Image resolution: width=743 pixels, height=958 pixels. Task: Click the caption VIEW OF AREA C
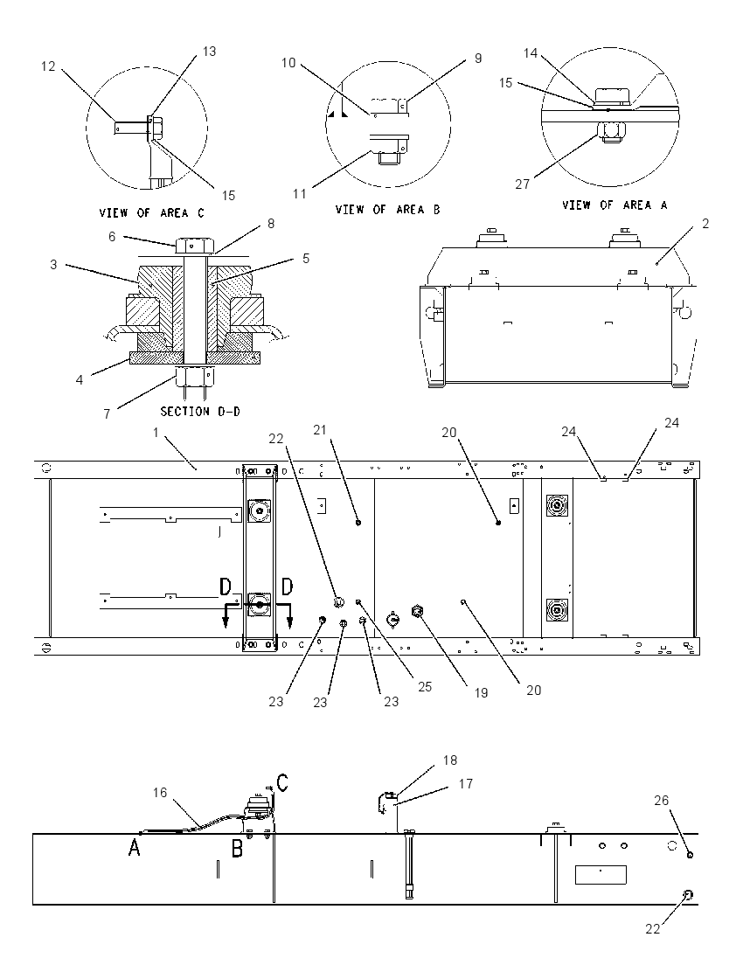point(151,213)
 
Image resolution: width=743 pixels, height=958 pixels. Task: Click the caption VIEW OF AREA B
point(387,210)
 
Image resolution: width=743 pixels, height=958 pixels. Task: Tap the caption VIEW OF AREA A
point(615,205)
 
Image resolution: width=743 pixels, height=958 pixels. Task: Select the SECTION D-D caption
point(200,412)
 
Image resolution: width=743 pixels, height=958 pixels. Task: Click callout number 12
point(48,66)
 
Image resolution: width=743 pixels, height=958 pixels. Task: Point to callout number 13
point(209,52)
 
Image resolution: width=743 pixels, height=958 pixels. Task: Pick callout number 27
point(522,184)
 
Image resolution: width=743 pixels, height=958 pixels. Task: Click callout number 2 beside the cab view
point(705,224)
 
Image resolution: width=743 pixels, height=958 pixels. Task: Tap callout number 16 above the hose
point(159,793)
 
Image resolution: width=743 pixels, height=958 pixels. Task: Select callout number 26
point(662,801)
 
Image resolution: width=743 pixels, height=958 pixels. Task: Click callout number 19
point(481,693)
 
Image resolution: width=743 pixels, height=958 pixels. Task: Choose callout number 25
point(425,687)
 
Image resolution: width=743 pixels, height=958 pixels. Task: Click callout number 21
point(320,430)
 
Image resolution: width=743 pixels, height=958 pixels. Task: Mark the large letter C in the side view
point(282,782)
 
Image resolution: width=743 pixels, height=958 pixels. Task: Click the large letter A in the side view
point(135,847)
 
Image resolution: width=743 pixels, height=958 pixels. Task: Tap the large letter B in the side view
point(237,848)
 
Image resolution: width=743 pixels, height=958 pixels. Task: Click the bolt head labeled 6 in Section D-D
point(195,246)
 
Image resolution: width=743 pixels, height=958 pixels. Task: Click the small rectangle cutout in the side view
point(601,875)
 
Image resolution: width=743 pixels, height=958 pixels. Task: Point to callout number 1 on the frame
point(156,433)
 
